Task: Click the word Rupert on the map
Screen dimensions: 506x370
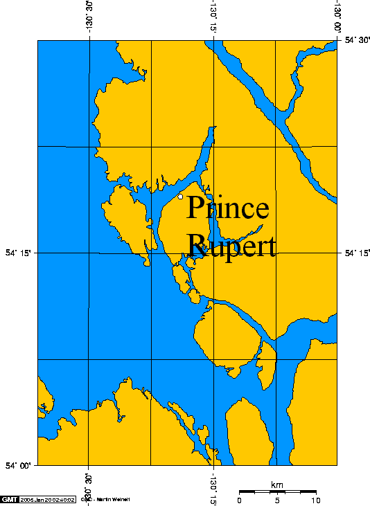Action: (231, 245)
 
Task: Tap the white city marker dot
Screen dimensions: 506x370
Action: (180, 197)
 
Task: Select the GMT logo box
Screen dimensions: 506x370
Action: (10, 499)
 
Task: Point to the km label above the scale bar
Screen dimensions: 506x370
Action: (277, 484)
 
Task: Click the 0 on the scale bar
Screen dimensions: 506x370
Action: (239, 500)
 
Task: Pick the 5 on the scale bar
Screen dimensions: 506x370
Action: (277, 500)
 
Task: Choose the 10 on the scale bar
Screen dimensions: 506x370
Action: (315, 500)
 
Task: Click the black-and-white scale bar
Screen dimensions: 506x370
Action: (277, 491)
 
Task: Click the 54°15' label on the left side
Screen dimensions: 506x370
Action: (18, 253)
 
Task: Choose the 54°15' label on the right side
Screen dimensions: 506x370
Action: (357, 253)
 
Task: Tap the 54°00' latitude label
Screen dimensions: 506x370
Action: (18, 466)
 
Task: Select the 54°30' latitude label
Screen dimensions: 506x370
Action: (357, 40)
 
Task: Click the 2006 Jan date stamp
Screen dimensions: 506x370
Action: (47, 499)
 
